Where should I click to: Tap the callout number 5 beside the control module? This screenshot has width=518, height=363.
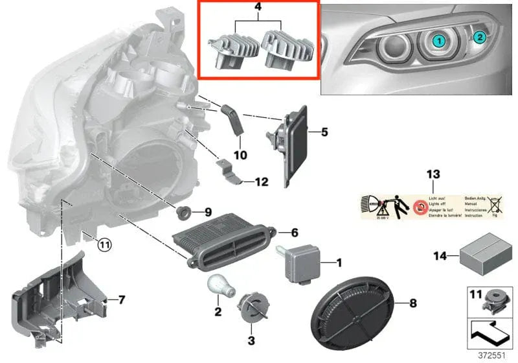click(x=324, y=132)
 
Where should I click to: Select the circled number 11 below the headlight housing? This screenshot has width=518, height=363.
click(x=104, y=244)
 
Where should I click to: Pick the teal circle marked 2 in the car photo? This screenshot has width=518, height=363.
click(x=480, y=37)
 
